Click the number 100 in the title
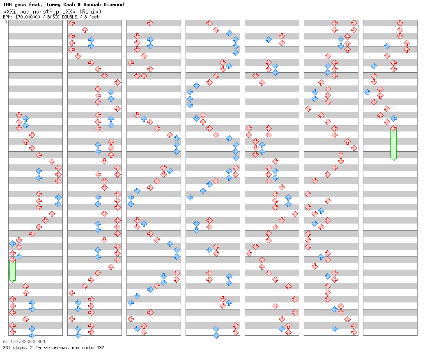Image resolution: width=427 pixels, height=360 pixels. [7, 5]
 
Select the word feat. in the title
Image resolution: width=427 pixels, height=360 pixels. [36, 5]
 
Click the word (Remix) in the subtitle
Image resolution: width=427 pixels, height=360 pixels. [90, 12]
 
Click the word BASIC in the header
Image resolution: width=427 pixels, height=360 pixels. [54, 17]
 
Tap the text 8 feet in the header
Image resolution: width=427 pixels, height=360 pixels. [92, 17]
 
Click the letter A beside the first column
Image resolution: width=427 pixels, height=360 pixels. [6, 22]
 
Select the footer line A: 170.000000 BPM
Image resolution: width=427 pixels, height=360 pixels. [24, 342]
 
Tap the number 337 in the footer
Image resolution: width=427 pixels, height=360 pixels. [100, 348]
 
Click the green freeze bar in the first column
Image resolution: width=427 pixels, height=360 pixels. [12, 270]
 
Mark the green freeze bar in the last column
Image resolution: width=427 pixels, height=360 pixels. [393, 144]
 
